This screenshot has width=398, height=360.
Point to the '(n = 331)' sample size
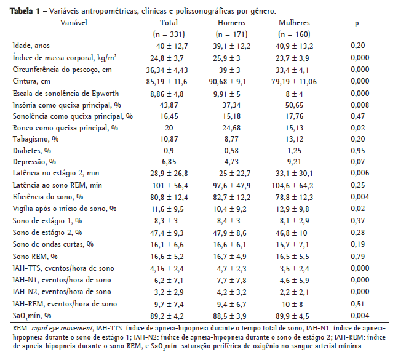click(x=169, y=34)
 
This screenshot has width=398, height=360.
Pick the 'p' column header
click(x=357, y=23)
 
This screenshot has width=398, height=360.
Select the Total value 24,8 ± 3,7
click(x=170, y=57)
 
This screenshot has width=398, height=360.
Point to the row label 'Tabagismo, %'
click(x=34, y=139)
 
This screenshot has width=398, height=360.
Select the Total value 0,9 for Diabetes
click(x=169, y=151)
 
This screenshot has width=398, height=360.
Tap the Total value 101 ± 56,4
click(x=169, y=186)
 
